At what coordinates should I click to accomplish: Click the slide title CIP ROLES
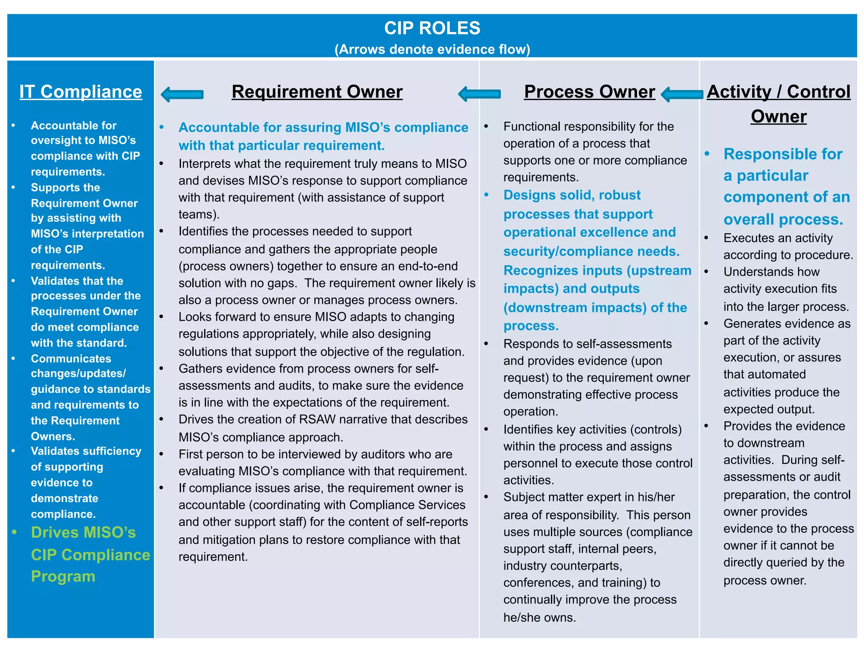pyautogui.click(x=432, y=28)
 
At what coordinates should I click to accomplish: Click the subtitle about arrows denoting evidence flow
pyautogui.click(x=432, y=49)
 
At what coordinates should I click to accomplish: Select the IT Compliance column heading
pyautogui.click(x=81, y=92)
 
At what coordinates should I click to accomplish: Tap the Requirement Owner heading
pyautogui.click(x=317, y=92)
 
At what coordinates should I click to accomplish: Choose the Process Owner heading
pyautogui.click(x=589, y=92)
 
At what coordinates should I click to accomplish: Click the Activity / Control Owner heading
pyautogui.click(x=778, y=103)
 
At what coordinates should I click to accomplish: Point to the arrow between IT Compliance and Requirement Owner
pyautogui.click(x=182, y=94)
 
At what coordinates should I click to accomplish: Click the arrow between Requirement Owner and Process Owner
pyautogui.click(x=479, y=94)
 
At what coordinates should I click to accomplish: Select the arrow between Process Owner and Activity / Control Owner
pyautogui.click(x=682, y=94)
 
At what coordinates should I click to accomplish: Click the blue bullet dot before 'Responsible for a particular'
pyautogui.click(x=707, y=154)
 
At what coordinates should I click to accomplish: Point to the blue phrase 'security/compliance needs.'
pyautogui.click(x=591, y=251)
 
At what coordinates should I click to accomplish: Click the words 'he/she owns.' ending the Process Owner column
pyautogui.click(x=540, y=617)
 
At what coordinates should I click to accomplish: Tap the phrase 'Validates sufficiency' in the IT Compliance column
pyautogui.click(x=86, y=451)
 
